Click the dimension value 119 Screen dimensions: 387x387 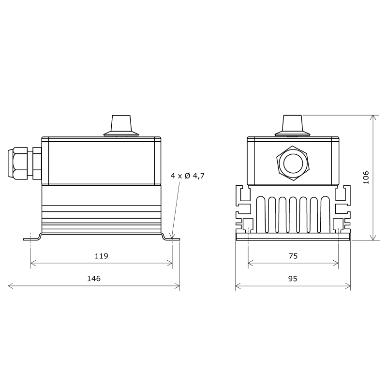coord(101,256)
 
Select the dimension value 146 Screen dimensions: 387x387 coord(93,279)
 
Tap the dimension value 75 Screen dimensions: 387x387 coord(293,256)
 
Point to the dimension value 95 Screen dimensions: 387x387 coord(293,279)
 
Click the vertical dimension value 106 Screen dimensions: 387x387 coord(366,177)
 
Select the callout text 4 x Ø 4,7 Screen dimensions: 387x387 coord(188,176)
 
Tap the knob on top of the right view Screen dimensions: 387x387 coord(292,125)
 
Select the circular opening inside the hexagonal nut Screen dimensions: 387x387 coord(293,163)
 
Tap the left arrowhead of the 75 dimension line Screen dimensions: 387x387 coord(250,264)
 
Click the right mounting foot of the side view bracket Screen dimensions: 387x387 coord(171,238)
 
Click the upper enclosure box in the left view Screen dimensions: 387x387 coord(101,161)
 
